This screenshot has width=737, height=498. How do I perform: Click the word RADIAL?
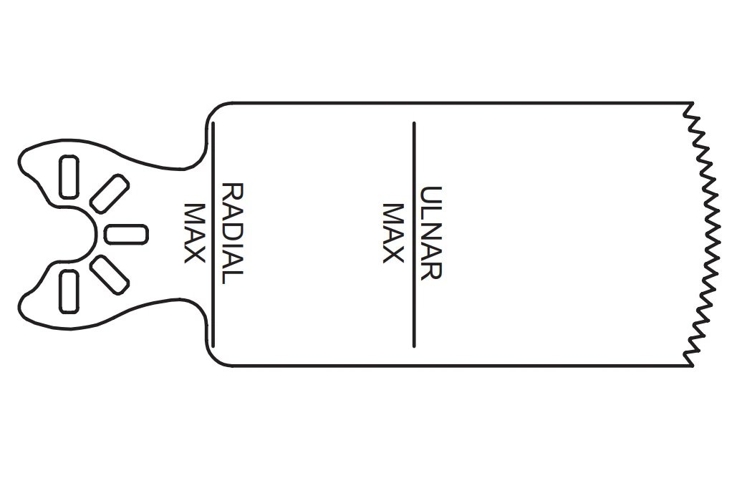tap(232, 234)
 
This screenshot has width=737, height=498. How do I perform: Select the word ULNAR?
tap(430, 233)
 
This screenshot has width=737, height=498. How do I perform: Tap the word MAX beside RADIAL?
tap(194, 233)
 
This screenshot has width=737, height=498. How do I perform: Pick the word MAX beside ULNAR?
tap(393, 233)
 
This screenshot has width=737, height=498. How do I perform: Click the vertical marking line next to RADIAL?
tap(213, 234)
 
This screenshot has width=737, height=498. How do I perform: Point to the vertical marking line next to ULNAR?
tap(414, 235)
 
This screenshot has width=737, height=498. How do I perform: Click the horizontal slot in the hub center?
tap(126, 235)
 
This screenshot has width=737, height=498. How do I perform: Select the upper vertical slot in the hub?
tap(69, 177)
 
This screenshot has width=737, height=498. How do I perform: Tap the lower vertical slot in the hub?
tap(69, 291)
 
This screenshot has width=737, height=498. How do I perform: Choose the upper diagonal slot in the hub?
tap(109, 194)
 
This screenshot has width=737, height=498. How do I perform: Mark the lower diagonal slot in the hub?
tap(109, 275)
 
